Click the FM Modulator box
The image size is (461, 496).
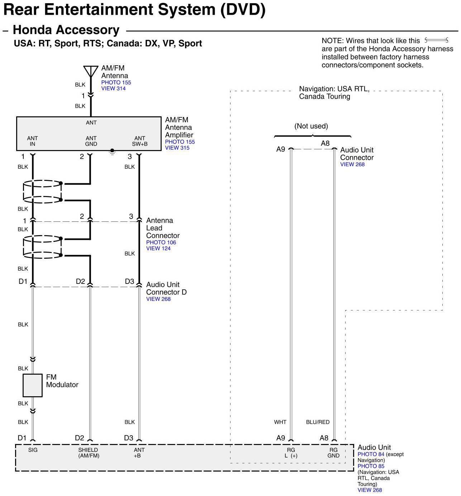tap(33, 385)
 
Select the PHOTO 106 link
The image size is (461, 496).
tap(161, 243)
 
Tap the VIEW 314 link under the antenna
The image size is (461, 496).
tap(113, 89)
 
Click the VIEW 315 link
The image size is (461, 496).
tap(177, 148)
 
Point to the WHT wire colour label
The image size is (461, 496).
tap(280, 422)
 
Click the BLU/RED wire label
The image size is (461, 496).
tap(318, 422)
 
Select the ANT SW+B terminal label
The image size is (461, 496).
tap(140, 141)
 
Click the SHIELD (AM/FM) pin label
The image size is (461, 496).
tap(89, 453)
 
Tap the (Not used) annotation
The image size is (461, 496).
tap(311, 126)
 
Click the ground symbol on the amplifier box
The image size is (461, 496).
tap(112, 152)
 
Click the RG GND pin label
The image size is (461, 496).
tap(333, 453)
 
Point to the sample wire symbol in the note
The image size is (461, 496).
tap(436, 40)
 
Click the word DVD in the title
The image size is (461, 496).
tap(243, 10)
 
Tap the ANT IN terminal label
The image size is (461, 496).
tap(32, 141)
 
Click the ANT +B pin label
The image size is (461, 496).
tap(139, 453)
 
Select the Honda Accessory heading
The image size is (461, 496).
tap(66, 30)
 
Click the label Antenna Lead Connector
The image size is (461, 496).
tap(162, 228)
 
